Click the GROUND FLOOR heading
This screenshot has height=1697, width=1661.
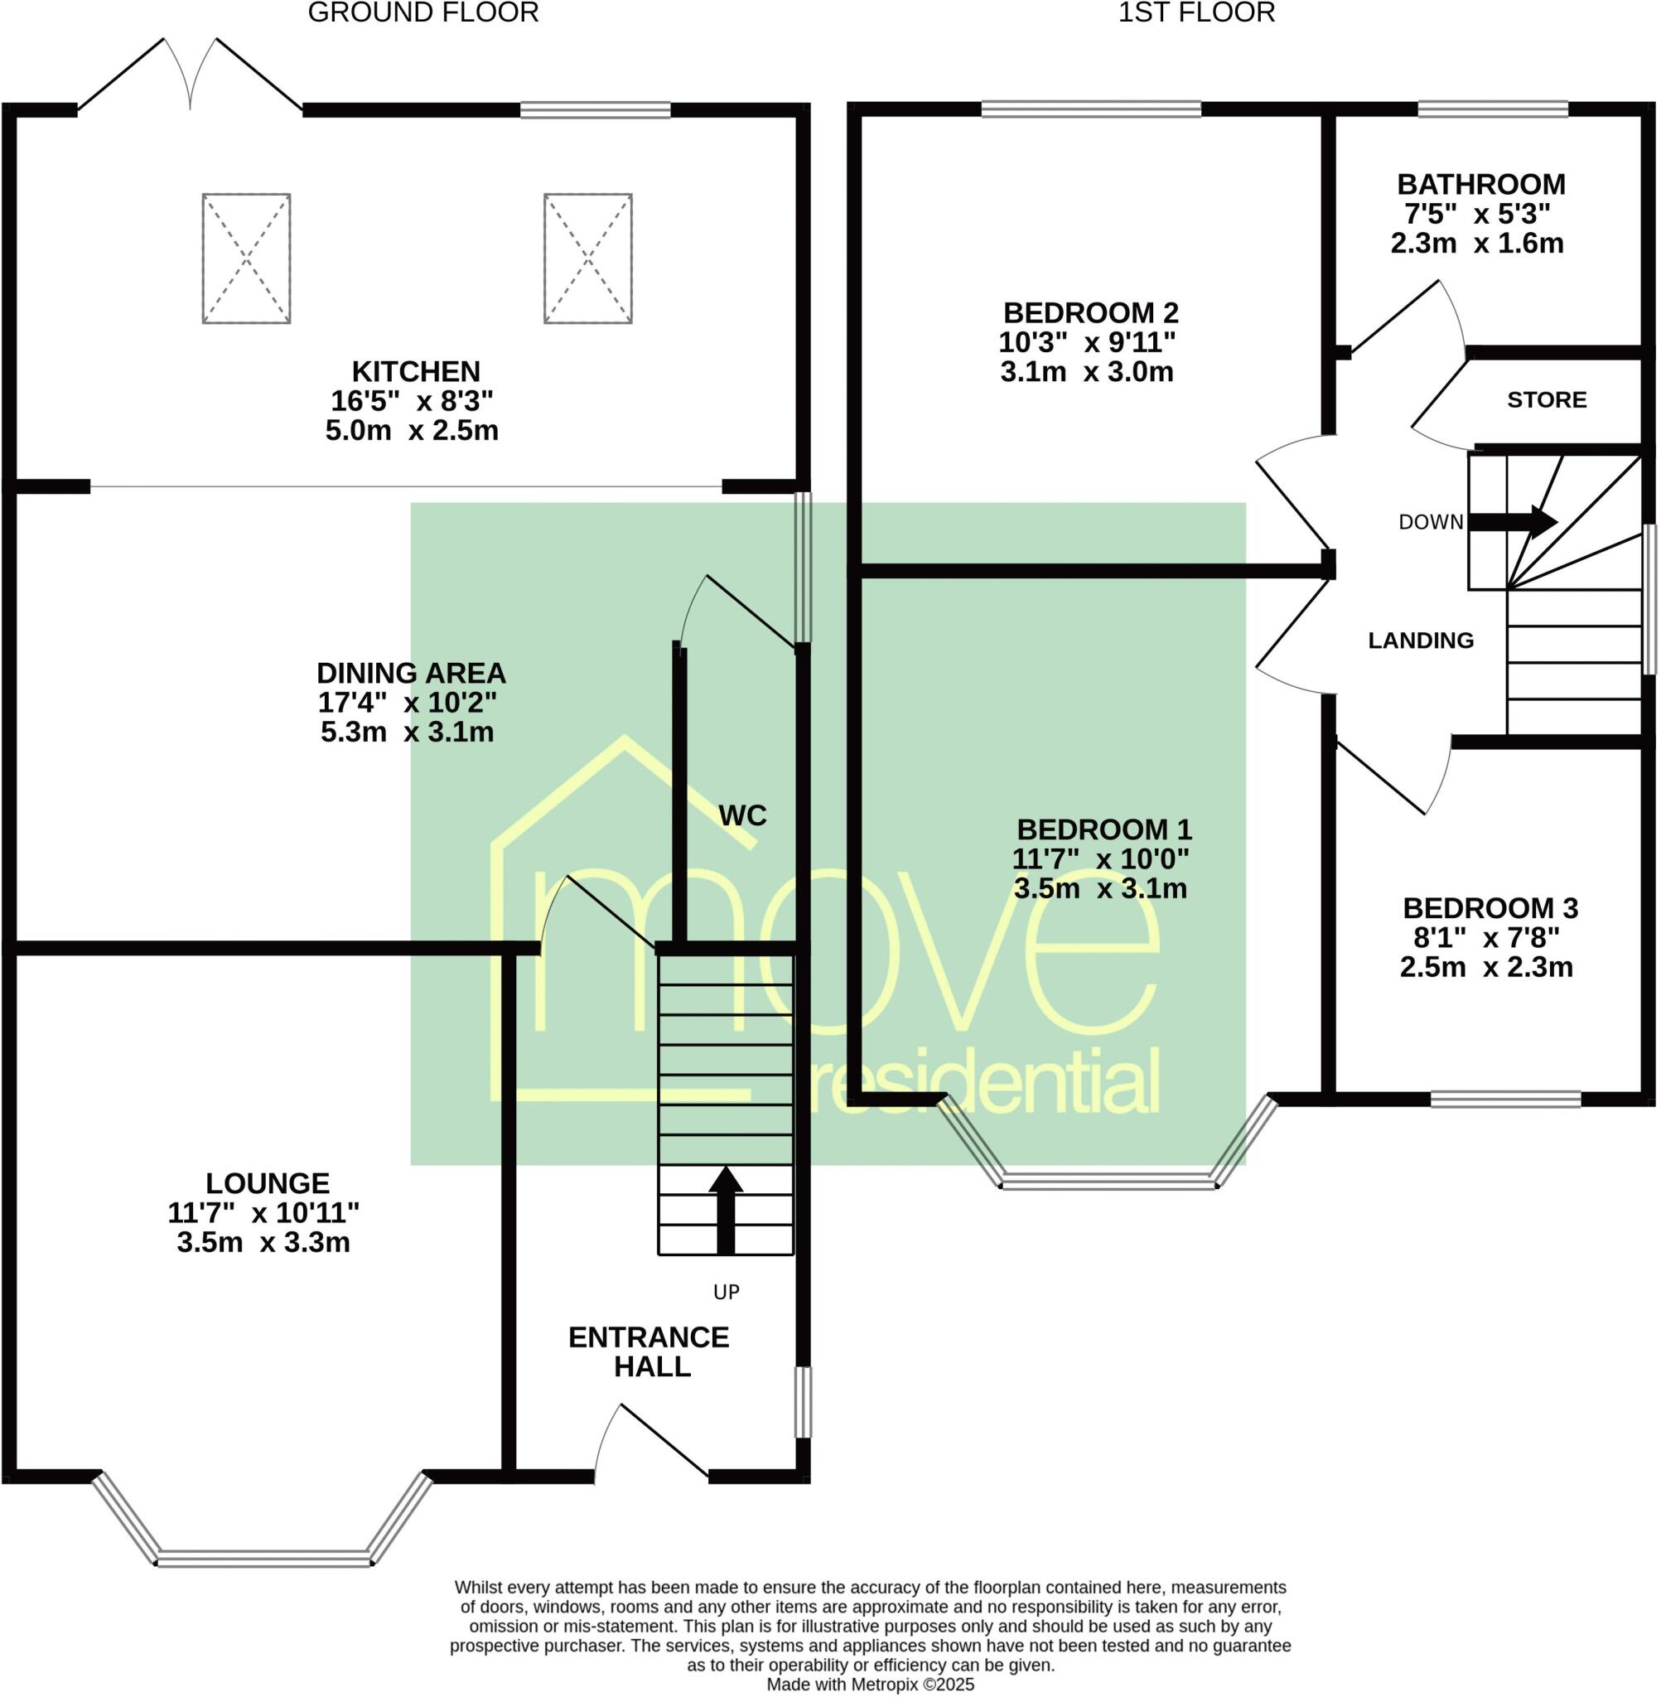click(x=423, y=13)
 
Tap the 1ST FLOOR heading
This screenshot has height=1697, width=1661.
click(x=1196, y=13)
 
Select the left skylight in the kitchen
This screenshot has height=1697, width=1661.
click(x=246, y=259)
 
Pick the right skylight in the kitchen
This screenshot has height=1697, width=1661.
click(x=588, y=259)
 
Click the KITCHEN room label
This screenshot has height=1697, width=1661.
click(x=416, y=372)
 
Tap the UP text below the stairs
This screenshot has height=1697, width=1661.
click(x=726, y=1292)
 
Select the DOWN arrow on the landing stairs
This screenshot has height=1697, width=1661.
click(x=1514, y=522)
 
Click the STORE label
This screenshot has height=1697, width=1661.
click(x=1547, y=399)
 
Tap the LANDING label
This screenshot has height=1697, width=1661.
click(x=1420, y=641)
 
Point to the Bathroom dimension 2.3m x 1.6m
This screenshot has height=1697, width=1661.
click(x=1477, y=244)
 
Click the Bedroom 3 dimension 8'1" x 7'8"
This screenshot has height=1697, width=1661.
click(x=1486, y=937)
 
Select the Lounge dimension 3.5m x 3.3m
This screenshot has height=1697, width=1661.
click(x=263, y=1242)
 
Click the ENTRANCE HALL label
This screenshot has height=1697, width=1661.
click(x=649, y=1351)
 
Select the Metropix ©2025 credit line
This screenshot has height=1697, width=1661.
click(x=870, y=1685)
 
